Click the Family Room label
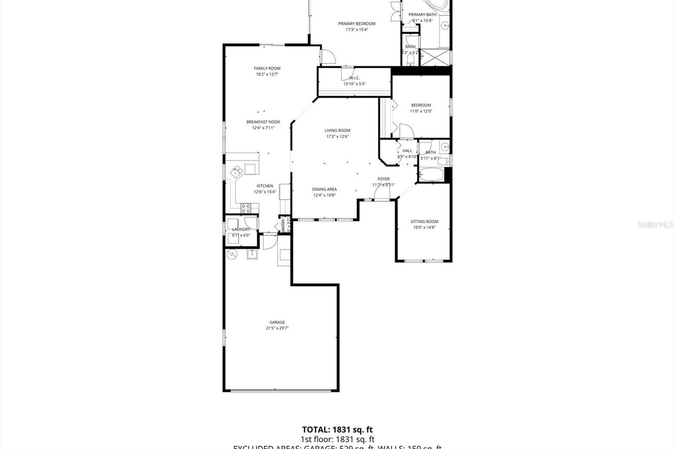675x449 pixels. (267, 68)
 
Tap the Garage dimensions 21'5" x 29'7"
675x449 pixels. (277, 328)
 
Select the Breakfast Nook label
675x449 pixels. (263, 122)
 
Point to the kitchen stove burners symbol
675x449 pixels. (246, 207)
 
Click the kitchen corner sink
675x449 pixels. (236, 171)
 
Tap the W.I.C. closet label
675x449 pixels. (354, 78)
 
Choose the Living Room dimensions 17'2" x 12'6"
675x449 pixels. (337, 136)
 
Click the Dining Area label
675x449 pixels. (324, 189)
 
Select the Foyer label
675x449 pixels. (383, 179)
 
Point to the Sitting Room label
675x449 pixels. (424, 222)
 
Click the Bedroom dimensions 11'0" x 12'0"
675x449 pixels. (421, 111)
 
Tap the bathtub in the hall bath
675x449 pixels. (430, 174)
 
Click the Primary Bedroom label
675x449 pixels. (356, 24)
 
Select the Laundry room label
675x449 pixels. (241, 230)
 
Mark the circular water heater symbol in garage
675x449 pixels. (232, 254)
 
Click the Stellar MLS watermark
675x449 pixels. (655, 224)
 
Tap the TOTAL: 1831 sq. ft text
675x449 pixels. (337, 430)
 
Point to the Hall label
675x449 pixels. (407, 151)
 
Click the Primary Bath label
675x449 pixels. (422, 15)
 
